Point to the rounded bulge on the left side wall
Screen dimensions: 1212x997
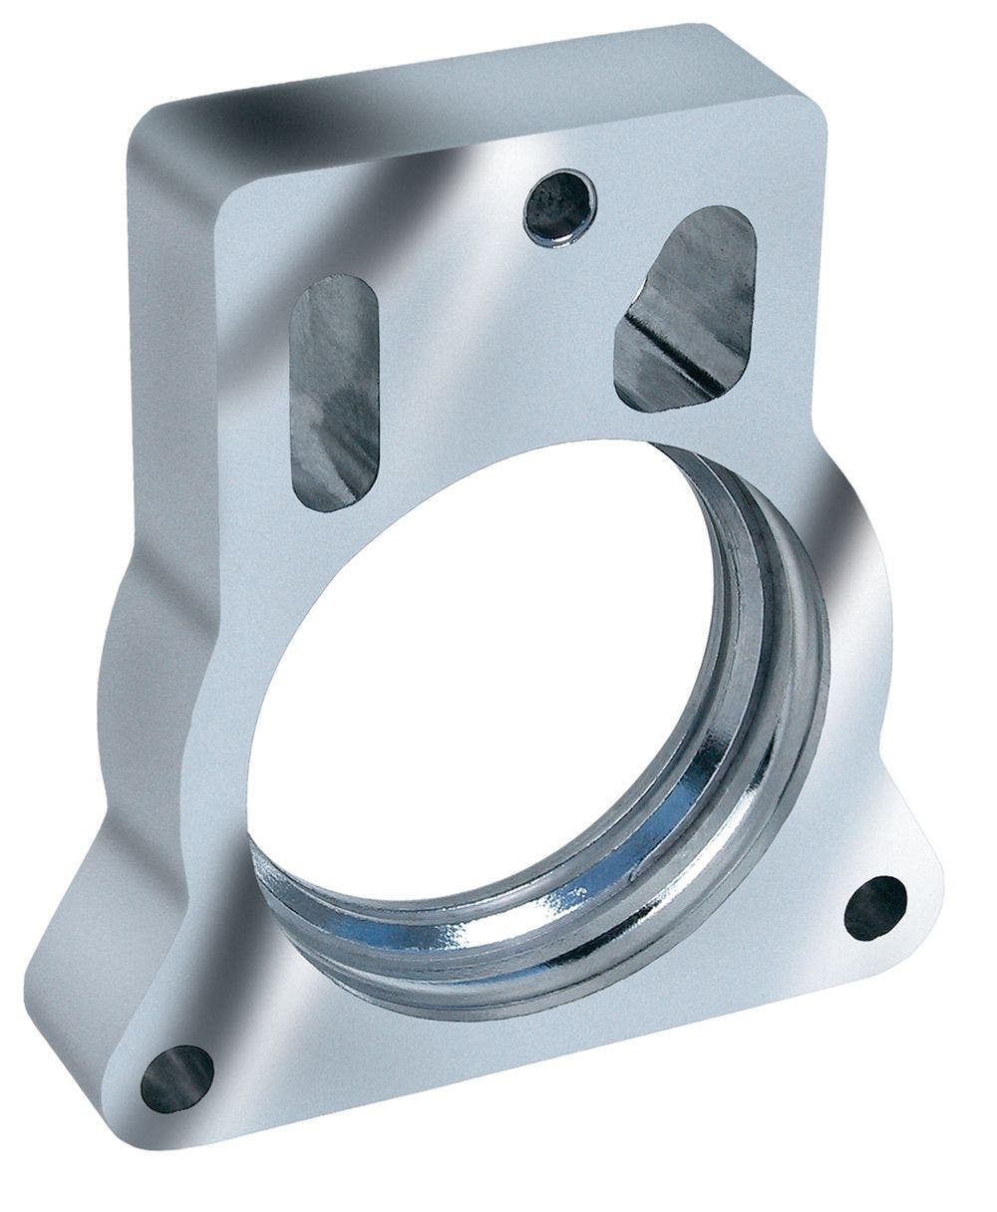[x=140, y=648]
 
